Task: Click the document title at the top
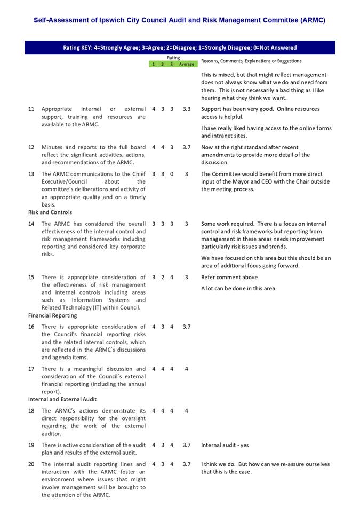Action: pyautogui.click(x=179, y=20)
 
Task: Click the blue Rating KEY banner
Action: pyautogui.click(x=179, y=47)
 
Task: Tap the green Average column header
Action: pyautogui.click(x=186, y=64)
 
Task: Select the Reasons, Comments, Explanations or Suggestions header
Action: pyautogui.click(x=251, y=61)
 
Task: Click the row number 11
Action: pyautogui.click(x=31, y=109)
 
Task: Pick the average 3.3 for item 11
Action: pyautogui.click(x=186, y=109)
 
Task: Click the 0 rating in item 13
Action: pyautogui.click(x=172, y=174)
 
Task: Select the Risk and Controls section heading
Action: pyautogui.click(x=50, y=212)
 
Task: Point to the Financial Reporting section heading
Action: pyautogui.click(x=53, y=315)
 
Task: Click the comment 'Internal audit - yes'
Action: pyautogui.click(x=225, y=445)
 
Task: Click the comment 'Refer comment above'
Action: pyautogui.click(x=229, y=277)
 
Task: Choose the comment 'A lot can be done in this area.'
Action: pyautogui.click(x=239, y=288)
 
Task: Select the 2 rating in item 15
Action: pyautogui.click(x=163, y=277)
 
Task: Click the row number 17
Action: pyautogui.click(x=31, y=369)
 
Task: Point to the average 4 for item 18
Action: pyautogui.click(x=186, y=411)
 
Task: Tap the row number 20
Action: pyautogui.click(x=31, y=464)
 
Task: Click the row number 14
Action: pyautogui.click(x=31, y=224)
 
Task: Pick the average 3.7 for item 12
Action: pyautogui.click(x=186, y=147)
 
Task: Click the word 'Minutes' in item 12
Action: pyautogui.click(x=52, y=147)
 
